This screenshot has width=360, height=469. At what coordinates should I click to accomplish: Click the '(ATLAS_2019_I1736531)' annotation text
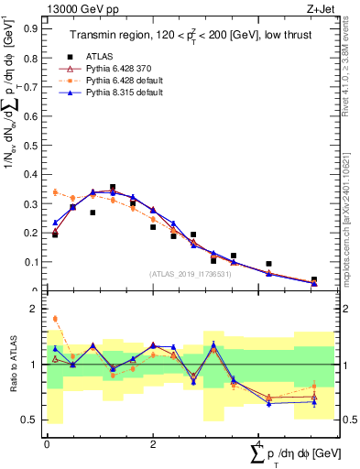(191, 274)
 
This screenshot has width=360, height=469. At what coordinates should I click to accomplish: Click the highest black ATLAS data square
(113, 187)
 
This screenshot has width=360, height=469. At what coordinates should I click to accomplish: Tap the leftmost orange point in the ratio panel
(55, 319)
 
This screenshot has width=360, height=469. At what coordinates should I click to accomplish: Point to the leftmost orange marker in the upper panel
(55, 192)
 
